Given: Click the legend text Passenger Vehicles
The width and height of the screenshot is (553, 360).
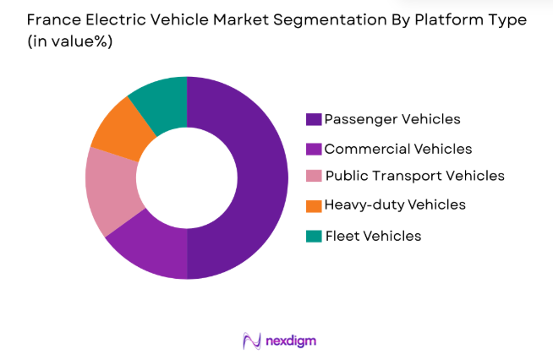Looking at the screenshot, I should pos(392,119).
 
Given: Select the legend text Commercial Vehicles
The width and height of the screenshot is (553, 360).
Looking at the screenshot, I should pos(398,149).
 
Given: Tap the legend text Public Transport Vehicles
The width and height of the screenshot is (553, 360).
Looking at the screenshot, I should pos(414,176).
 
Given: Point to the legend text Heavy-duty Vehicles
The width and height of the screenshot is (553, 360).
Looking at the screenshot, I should pos(395,205).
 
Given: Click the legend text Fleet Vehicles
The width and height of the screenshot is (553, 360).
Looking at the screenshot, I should pos(373,236).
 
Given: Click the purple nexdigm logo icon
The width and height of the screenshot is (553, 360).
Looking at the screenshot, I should pos(251,341).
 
